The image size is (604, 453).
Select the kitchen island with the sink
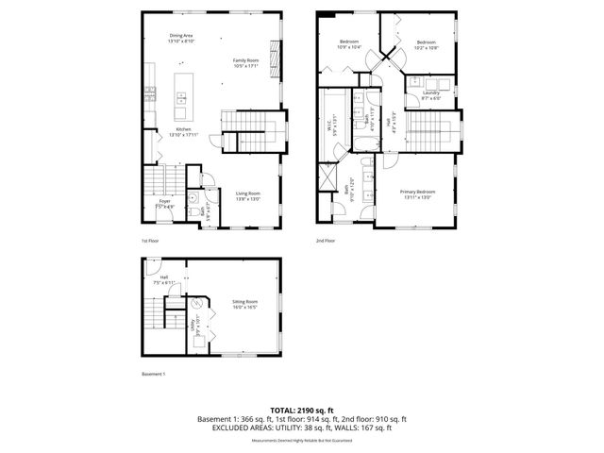pyautogui.click(x=182, y=95)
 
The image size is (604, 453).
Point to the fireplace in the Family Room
pyautogui.click(x=276, y=64)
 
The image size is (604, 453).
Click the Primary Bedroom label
pyautogui.click(x=418, y=193)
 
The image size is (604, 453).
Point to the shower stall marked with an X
pyautogui.click(x=328, y=176)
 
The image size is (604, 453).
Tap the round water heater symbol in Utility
pyautogui.click(x=197, y=303)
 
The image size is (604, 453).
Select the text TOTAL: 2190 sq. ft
pyautogui.click(x=302, y=410)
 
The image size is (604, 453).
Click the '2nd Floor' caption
pyautogui.click(x=325, y=241)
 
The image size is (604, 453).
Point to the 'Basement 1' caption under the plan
pyautogui.click(x=153, y=374)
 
